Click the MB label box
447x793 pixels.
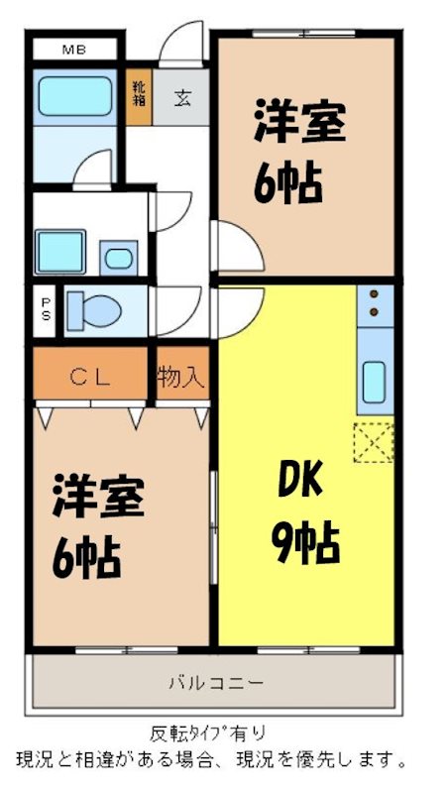[x=74, y=48]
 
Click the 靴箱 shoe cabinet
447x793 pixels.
[x=139, y=95]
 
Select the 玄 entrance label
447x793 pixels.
[x=183, y=97]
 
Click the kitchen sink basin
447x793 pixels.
[x=374, y=382]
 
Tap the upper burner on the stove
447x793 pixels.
[x=375, y=294]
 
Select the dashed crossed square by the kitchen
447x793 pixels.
[x=374, y=442]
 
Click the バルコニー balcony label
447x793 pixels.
[x=215, y=682]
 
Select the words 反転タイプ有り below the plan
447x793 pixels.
[x=208, y=735]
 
